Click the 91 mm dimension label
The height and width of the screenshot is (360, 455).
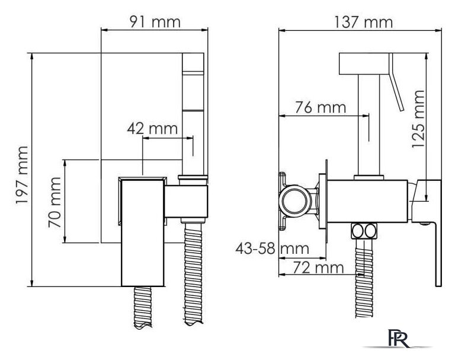click(155, 21)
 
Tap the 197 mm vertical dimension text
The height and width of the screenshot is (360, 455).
click(22, 175)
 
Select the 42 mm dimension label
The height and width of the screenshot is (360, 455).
click(152, 129)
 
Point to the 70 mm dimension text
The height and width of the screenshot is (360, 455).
click(55, 202)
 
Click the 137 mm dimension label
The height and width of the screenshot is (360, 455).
click(363, 22)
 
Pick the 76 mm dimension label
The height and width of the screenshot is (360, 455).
click(321, 107)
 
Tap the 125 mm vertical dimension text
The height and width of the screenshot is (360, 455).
click(418, 119)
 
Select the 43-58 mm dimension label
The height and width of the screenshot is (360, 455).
click(272, 249)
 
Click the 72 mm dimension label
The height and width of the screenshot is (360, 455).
click(318, 267)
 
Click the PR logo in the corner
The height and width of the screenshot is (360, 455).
click(398, 338)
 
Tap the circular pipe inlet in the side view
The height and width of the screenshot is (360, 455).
click(295, 201)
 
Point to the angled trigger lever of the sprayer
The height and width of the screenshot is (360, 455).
click(396, 82)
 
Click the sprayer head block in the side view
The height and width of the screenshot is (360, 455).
click(364, 63)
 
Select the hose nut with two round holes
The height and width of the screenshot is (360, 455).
click(364, 231)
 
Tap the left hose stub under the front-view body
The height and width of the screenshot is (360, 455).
click(142, 307)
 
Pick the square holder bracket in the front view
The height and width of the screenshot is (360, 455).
click(186, 202)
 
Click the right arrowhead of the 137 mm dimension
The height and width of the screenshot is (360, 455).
click(438, 30)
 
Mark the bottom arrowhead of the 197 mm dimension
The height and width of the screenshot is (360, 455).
click(32, 283)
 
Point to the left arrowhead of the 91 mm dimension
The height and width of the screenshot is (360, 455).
click(104, 30)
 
